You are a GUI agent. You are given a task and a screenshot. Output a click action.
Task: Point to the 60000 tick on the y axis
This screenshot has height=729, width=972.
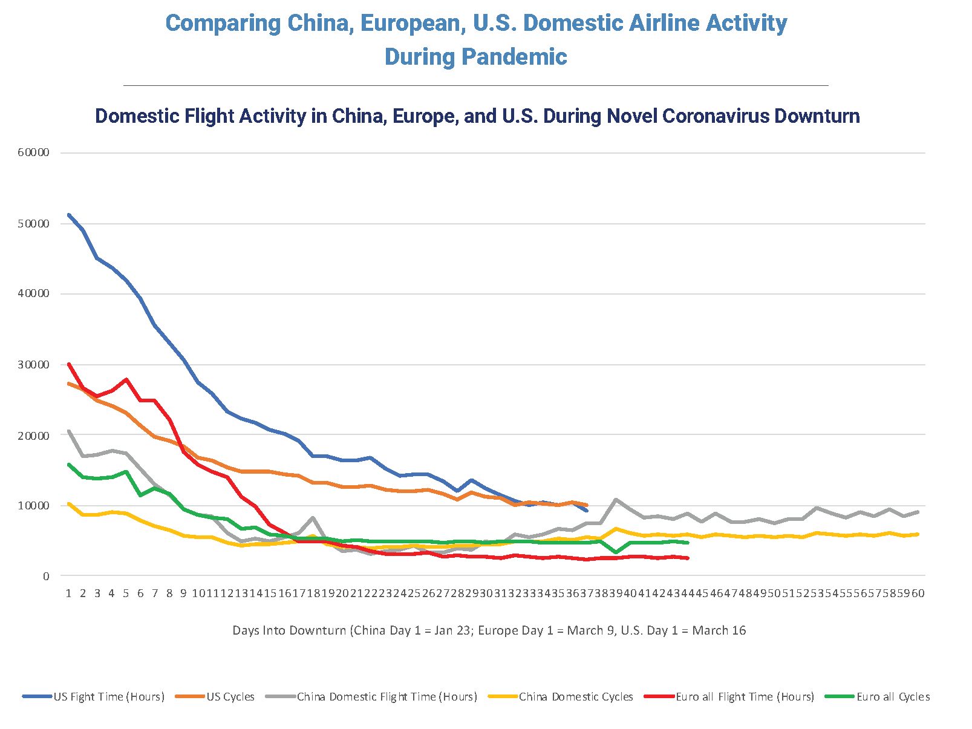point(33,152)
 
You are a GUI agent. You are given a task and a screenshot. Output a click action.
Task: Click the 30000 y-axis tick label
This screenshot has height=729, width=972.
point(33,364)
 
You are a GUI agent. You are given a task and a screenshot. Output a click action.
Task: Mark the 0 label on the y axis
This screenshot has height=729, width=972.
point(46,576)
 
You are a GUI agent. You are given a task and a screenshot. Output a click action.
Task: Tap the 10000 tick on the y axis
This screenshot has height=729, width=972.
point(33,505)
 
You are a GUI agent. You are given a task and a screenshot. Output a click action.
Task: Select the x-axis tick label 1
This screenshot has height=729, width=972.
point(69,593)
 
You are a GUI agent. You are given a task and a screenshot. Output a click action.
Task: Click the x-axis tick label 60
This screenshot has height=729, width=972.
point(918,593)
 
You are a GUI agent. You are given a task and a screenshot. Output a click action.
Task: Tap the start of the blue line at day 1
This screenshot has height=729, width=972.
point(69,215)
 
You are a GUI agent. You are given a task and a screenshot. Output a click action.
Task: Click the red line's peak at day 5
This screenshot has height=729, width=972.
point(126,379)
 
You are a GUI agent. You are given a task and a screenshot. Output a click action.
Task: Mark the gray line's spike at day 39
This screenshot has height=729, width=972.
point(616,500)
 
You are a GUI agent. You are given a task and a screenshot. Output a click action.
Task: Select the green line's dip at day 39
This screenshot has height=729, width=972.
point(616,552)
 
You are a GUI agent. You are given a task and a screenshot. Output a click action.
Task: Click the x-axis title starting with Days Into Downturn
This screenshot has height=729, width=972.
point(489,630)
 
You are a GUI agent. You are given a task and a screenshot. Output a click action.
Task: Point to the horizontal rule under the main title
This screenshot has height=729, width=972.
point(475,85)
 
